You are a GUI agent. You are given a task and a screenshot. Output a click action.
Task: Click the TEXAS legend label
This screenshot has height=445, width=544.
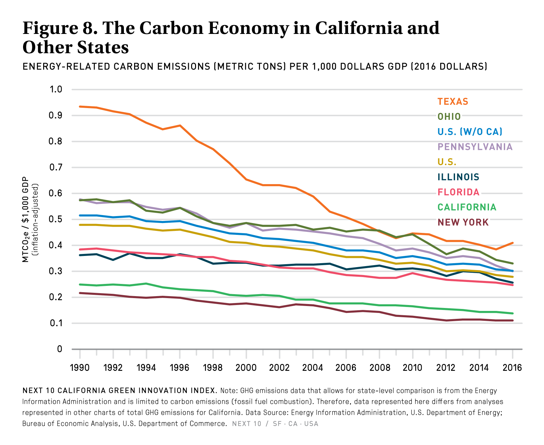pyautogui.click(x=453, y=101)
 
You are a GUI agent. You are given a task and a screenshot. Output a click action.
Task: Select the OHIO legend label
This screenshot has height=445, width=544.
pyautogui.click(x=449, y=117)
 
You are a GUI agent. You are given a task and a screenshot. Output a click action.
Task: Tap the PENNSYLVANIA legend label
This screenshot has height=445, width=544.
pyautogui.click(x=475, y=147)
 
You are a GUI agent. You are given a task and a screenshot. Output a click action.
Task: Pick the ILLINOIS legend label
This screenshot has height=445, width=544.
pyautogui.click(x=458, y=177)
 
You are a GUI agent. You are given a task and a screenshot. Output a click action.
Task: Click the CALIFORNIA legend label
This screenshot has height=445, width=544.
pyautogui.click(x=467, y=207)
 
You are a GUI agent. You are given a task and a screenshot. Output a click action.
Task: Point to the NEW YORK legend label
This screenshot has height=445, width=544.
pyautogui.click(x=463, y=222)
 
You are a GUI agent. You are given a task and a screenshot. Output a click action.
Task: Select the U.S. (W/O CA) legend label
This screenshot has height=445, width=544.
pyautogui.click(x=470, y=132)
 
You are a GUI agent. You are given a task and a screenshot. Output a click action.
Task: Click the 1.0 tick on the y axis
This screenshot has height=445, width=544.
pyautogui.click(x=56, y=90)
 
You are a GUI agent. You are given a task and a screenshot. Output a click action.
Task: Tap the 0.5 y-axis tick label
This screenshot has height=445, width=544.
pyautogui.click(x=56, y=219)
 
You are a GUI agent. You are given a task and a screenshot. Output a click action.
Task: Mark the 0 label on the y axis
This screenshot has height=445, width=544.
pyautogui.click(x=59, y=349)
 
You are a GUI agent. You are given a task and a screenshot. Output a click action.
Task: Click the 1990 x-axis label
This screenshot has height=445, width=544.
pyautogui.click(x=80, y=368)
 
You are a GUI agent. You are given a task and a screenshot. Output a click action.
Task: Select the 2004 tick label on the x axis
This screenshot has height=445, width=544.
pyautogui.click(x=313, y=368)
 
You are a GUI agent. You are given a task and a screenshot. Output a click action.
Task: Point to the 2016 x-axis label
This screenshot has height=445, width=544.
pyautogui.click(x=512, y=368)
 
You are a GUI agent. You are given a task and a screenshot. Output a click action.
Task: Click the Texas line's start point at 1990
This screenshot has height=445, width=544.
pyautogui.click(x=80, y=107)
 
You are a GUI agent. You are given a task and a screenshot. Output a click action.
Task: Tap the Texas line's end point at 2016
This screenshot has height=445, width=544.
pyautogui.click(x=512, y=243)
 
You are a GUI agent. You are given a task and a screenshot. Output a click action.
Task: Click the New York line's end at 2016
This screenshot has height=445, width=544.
pyautogui.click(x=512, y=320)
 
